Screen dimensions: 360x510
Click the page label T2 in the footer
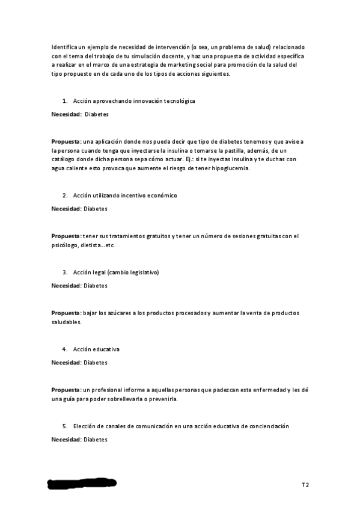point(305,484)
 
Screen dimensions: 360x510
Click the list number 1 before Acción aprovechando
point(64,101)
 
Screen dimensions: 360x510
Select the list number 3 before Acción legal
point(64,272)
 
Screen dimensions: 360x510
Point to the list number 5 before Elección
point(64,426)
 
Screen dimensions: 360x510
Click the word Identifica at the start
point(65,46)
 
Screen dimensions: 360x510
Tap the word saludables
point(66,322)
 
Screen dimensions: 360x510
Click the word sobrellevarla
point(140,399)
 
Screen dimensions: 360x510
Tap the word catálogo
point(66,159)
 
